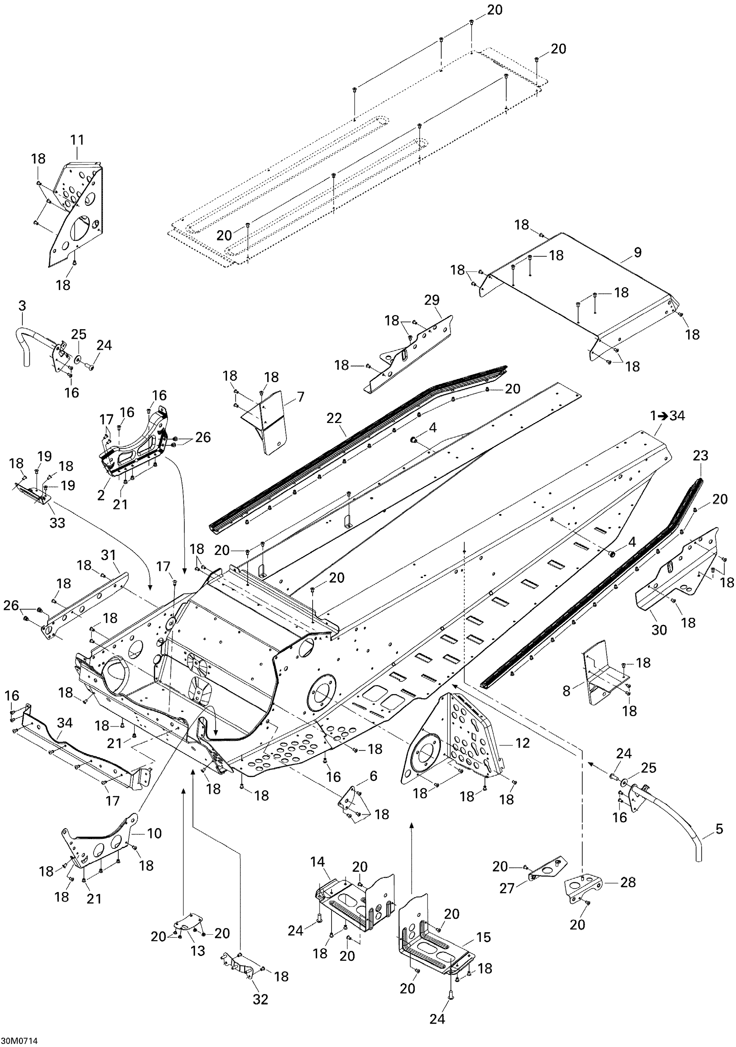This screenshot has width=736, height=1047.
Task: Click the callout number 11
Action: (77, 140)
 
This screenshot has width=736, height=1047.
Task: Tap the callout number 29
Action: (432, 300)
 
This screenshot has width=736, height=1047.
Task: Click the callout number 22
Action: (334, 418)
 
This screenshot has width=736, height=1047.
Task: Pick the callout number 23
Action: (701, 455)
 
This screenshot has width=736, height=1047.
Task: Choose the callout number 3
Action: (22, 306)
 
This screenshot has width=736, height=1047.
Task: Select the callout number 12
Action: (522, 743)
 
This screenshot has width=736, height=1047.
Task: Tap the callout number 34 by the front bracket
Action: (65, 723)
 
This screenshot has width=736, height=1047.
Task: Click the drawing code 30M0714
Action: (19, 1041)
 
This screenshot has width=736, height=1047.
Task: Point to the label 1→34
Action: (668, 416)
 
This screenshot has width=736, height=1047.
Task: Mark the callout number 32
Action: (261, 999)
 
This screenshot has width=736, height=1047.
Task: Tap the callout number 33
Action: (58, 522)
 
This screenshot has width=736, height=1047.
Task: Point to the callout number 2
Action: (101, 495)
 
